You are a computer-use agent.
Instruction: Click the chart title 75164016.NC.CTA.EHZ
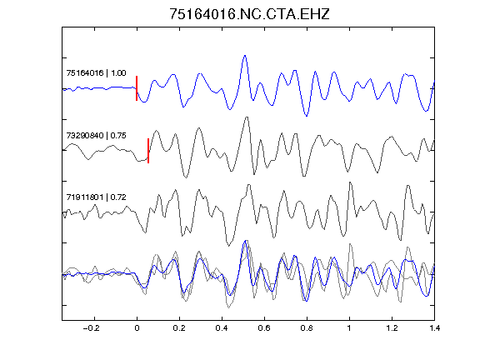tap(249, 14)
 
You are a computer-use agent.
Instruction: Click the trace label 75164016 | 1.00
tap(96, 73)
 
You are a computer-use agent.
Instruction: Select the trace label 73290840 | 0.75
tap(96, 136)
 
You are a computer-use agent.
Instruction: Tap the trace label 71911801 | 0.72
tap(96, 197)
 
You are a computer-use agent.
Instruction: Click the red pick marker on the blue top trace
tap(137, 88)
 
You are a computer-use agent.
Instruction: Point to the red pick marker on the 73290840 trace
tap(148, 151)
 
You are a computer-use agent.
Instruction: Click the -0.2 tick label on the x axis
tap(91, 328)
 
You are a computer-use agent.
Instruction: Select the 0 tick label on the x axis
tap(137, 328)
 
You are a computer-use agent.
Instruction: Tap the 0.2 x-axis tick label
tap(179, 328)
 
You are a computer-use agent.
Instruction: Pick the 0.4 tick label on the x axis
tap(222, 328)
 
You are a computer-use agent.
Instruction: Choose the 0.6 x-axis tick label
tap(264, 328)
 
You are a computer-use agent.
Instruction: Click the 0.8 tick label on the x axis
tap(307, 328)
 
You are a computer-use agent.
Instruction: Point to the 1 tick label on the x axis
tap(349, 328)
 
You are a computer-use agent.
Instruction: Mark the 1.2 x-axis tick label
tap(392, 328)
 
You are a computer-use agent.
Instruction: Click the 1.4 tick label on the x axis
tap(434, 328)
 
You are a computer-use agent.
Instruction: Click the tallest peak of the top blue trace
tap(245, 56)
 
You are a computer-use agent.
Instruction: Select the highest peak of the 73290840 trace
tap(247, 117)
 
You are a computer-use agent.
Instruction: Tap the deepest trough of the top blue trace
tap(307, 116)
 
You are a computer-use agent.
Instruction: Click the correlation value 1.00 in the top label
tap(118, 73)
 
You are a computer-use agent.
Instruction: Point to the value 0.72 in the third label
tap(118, 197)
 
